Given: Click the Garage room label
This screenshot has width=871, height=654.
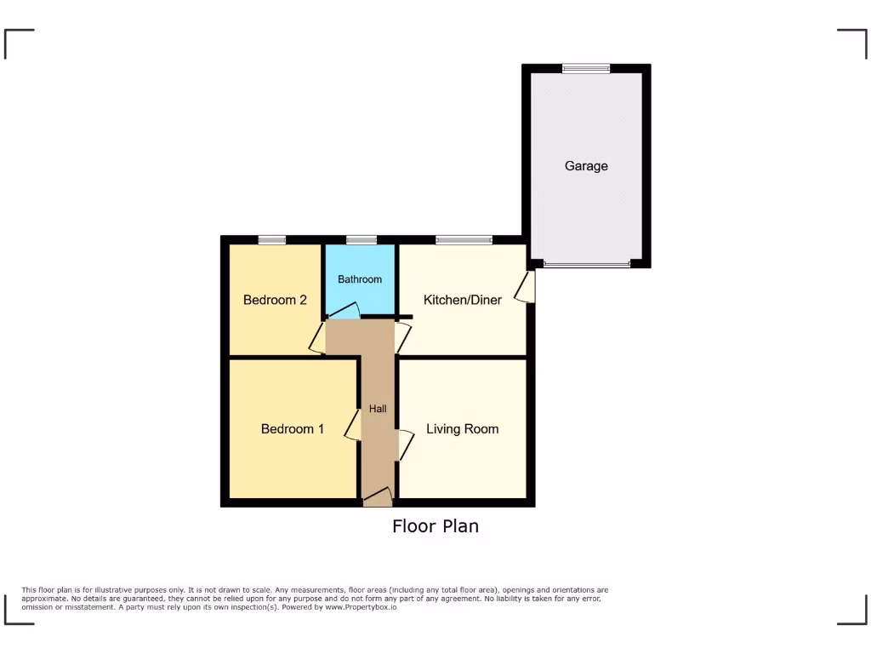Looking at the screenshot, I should click(x=586, y=166).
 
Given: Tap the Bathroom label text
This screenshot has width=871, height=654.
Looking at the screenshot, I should click(x=360, y=279).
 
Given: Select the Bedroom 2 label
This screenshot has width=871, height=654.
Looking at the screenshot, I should click(x=275, y=300).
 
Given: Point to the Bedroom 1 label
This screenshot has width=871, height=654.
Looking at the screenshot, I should click(x=292, y=429).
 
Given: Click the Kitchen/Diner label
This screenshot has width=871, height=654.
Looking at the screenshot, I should click(x=463, y=300).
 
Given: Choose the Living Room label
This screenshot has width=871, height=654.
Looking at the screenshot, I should click(x=462, y=429).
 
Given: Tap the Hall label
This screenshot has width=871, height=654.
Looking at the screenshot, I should click(x=378, y=410).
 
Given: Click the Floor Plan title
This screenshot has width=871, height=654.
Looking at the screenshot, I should click(x=435, y=526).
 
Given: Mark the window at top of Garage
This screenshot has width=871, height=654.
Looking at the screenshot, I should click(x=586, y=69).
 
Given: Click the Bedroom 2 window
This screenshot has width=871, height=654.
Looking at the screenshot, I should click(x=272, y=240).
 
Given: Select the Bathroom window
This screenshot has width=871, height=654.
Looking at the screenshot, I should click(x=361, y=240).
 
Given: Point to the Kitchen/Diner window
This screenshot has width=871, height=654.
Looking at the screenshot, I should click(x=464, y=240).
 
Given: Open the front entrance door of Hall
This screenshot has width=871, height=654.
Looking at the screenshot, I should click(x=378, y=497).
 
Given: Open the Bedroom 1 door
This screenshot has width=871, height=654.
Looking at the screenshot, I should click(x=352, y=426).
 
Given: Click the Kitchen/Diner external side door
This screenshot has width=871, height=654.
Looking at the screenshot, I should click(x=528, y=286).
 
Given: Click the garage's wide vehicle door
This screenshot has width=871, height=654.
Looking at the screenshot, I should click(x=587, y=264).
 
